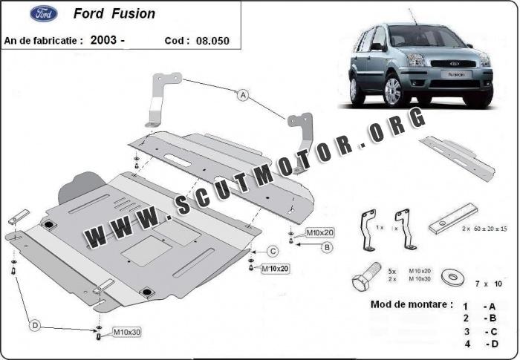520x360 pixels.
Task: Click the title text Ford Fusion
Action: coord(114,13)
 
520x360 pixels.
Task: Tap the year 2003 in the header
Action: coord(103,40)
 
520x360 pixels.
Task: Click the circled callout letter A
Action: coord(243,95)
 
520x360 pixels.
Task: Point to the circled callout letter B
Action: coord(327,247)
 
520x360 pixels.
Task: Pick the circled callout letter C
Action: coord(273,252)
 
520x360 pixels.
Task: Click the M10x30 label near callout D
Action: coord(126,332)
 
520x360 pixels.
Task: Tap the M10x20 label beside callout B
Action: coord(319,233)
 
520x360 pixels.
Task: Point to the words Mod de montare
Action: coord(411,304)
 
